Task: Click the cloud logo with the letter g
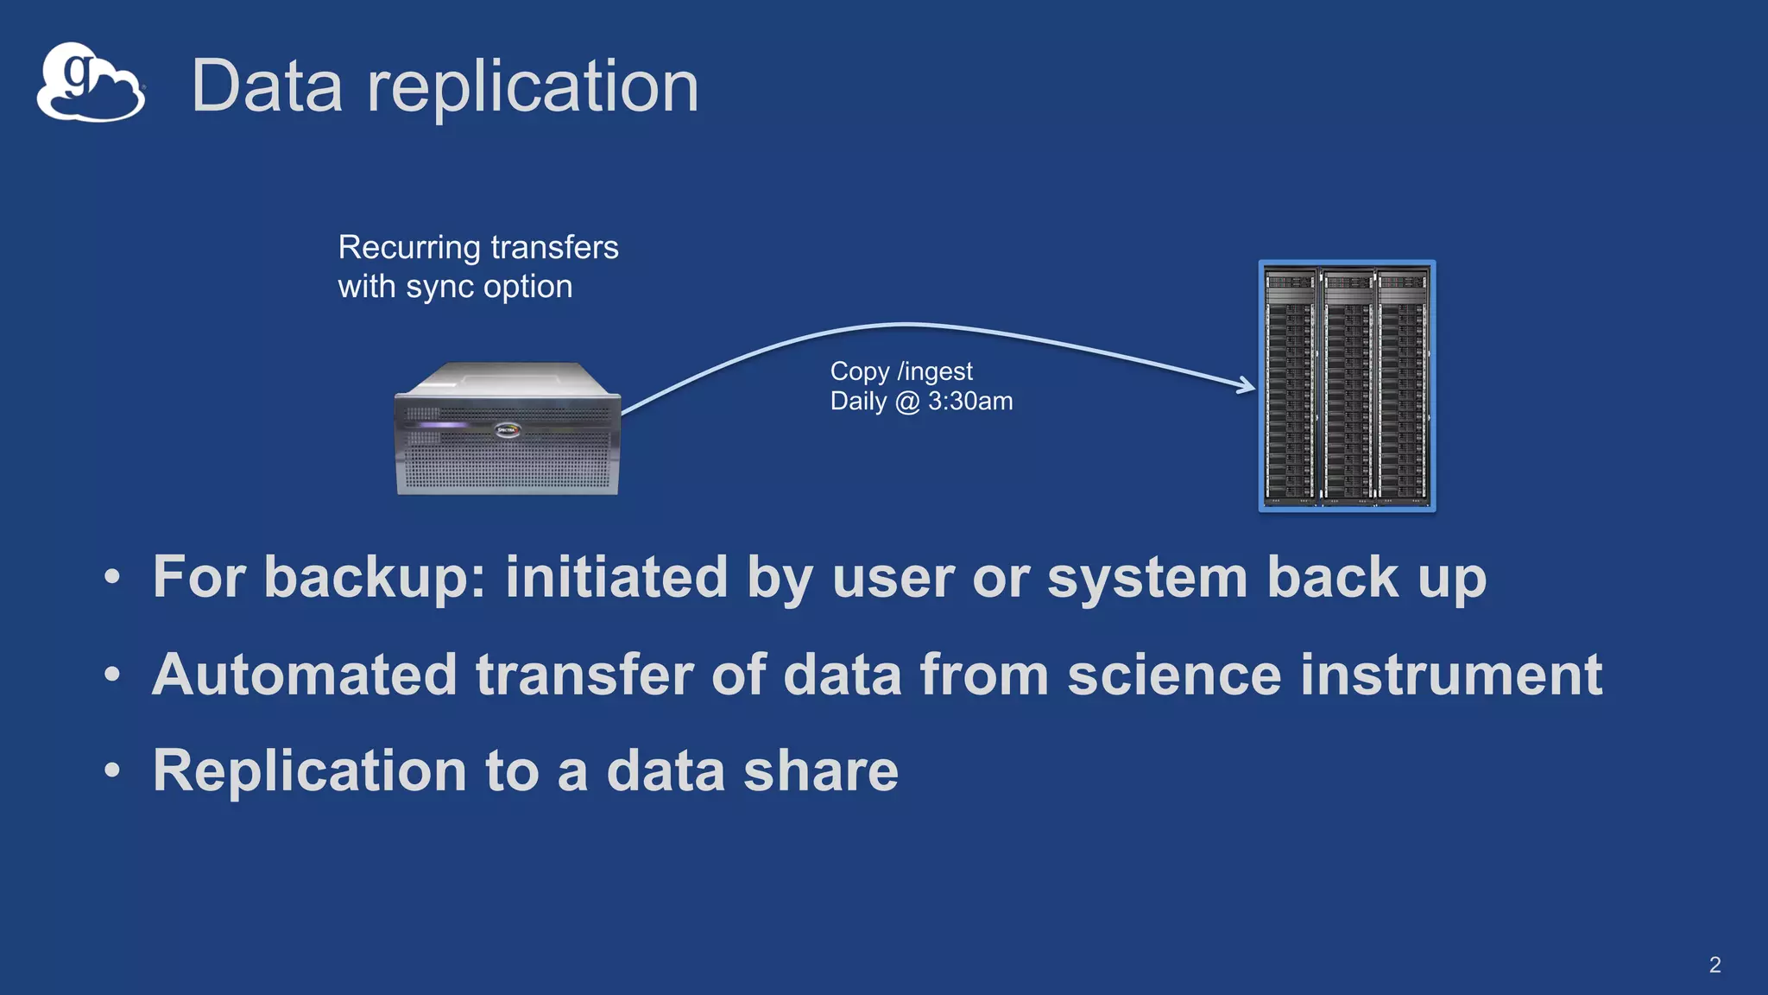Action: (90, 83)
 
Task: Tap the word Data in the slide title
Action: (267, 86)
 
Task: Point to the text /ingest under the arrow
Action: (935, 371)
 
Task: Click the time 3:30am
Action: (969, 402)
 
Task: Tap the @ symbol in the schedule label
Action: (906, 402)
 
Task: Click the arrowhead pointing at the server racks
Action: (1246, 385)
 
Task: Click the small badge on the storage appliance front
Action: (508, 429)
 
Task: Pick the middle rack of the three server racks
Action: (1347, 386)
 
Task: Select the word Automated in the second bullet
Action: (304, 675)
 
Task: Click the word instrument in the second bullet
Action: (1450, 675)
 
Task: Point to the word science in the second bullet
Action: (1174, 675)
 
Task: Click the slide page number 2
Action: (1714, 965)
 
